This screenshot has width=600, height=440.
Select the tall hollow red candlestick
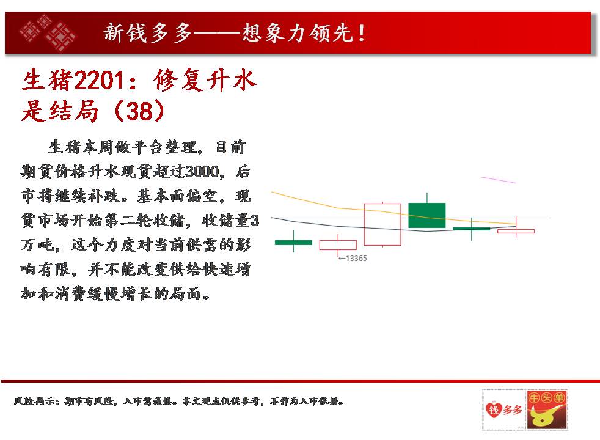click(x=382, y=224)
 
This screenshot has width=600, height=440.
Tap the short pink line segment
click(x=499, y=180)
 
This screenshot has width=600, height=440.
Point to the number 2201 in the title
click(x=99, y=80)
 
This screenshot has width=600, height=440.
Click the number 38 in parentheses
click(x=140, y=111)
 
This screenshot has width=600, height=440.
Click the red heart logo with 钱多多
click(x=504, y=410)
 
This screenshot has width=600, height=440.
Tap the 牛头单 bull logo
click(x=546, y=410)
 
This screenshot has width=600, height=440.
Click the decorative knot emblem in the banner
click(x=48, y=33)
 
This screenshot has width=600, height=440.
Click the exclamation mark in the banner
click(x=361, y=33)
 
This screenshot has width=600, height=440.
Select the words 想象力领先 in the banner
click(x=296, y=33)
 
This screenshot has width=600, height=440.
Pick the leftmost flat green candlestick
click(x=293, y=241)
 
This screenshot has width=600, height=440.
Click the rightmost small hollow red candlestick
click(x=516, y=231)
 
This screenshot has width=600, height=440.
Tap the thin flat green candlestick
click(x=472, y=229)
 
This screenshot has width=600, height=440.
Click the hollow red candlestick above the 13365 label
click(x=338, y=245)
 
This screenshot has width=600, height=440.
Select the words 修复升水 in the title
click(x=205, y=80)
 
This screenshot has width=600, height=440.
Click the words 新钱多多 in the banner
click(x=148, y=33)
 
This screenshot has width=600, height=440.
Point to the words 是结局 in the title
click(x=60, y=111)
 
